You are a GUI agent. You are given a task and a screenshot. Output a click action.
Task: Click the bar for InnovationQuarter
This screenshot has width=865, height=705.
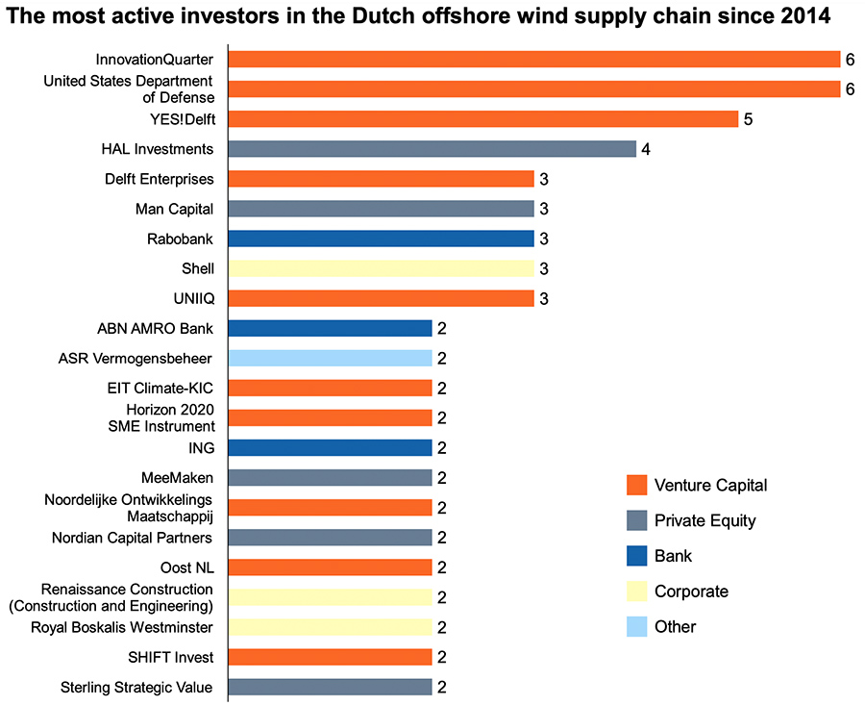pos(533,60)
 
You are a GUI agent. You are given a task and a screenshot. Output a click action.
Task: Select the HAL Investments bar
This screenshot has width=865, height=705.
pos(432,149)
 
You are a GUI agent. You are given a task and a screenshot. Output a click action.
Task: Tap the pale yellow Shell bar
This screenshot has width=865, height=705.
pos(381,268)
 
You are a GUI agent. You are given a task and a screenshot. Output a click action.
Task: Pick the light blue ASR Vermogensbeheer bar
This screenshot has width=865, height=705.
pos(330,359)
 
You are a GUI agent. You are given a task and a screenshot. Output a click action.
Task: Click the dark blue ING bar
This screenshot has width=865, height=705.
pos(330,447)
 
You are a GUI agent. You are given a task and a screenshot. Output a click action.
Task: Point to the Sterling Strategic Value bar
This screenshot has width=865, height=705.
pos(330,687)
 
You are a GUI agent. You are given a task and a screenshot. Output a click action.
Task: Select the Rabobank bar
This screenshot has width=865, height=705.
pos(381,239)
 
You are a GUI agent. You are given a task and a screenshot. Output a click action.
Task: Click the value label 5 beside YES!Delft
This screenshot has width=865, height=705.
pos(748,119)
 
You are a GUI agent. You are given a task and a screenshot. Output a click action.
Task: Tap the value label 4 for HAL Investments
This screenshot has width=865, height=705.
pos(646,149)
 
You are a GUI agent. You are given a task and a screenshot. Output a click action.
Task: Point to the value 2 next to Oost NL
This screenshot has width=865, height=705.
pos(442,567)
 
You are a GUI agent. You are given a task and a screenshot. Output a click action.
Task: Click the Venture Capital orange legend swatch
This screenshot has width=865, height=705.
pos(633,485)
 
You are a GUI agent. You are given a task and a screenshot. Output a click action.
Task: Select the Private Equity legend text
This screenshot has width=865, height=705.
pos(704,520)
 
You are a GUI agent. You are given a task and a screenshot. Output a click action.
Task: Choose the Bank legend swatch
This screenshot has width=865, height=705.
pos(633,556)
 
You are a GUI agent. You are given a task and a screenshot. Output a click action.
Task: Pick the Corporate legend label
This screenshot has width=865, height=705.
pos(691,592)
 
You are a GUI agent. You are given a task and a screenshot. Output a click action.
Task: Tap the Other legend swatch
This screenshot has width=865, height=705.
pos(633,626)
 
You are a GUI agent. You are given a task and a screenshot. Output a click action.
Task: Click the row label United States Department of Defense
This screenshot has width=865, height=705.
pos(129,88)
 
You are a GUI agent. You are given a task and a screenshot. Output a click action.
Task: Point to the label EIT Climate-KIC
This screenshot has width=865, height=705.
pos(160,388)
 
